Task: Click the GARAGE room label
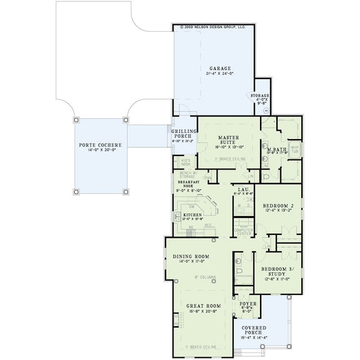tap(220, 69)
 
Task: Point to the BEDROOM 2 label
tap(276, 205)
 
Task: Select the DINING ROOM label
tap(190, 257)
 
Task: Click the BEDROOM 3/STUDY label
tap(276, 272)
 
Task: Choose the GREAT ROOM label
tap(202, 307)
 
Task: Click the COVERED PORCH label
tap(255, 331)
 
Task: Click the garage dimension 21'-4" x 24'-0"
tap(220, 74)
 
